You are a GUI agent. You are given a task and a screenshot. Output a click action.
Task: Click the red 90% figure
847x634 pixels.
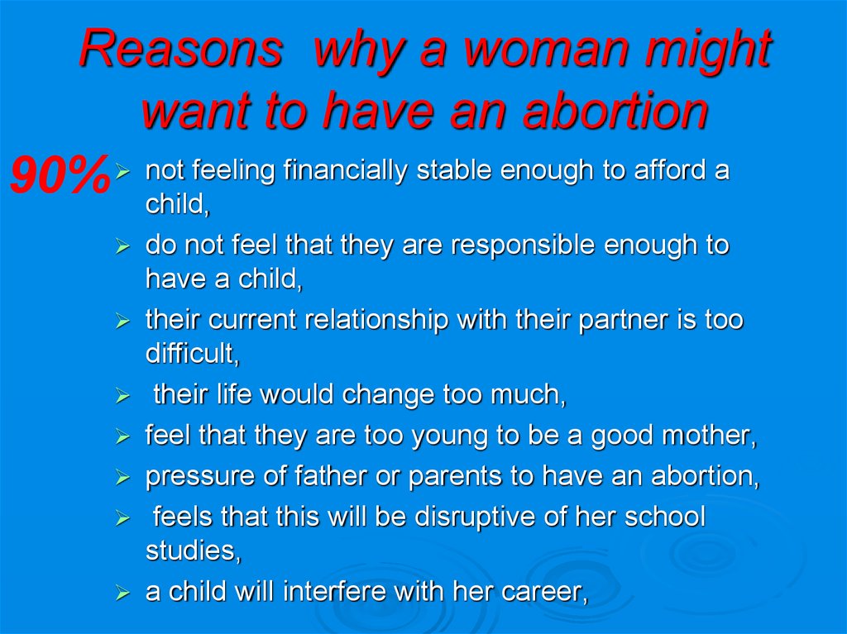(60, 174)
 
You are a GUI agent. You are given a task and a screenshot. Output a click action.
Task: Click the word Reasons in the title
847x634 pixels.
(181, 48)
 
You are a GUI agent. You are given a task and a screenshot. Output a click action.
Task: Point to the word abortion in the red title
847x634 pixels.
(615, 110)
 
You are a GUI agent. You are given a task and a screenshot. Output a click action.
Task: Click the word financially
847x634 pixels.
(345, 171)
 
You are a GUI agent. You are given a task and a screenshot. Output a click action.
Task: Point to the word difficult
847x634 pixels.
(192, 354)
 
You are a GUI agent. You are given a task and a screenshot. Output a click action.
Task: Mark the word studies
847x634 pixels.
(193, 551)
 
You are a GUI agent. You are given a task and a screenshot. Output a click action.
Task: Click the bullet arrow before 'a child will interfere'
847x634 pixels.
(123, 593)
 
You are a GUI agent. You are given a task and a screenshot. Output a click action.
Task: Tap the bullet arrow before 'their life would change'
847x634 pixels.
(123, 397)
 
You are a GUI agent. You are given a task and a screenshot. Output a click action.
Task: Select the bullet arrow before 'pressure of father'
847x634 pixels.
(123, 478)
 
